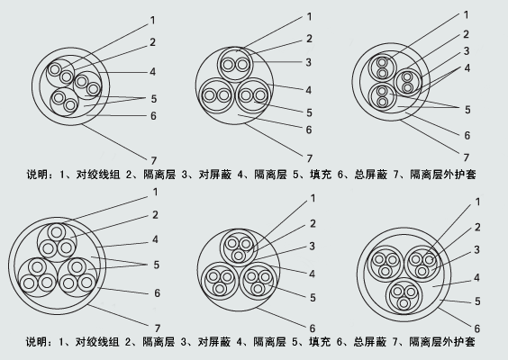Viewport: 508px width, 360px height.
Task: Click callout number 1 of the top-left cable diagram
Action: click(152, 21)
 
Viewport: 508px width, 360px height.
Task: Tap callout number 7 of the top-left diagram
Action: click(153, 160)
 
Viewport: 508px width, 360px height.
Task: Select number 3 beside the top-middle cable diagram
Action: click(308, 62)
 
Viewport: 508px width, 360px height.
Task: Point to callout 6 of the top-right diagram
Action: click(467, 135)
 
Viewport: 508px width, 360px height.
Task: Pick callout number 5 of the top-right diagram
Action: click(467, 110)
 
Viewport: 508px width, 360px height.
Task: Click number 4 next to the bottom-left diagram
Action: click(155, 239)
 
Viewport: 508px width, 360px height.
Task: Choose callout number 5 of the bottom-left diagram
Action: click(157, 265)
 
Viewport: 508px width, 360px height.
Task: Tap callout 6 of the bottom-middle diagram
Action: click(313, 328)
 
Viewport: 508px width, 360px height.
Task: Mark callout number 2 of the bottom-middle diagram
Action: click(313, 223)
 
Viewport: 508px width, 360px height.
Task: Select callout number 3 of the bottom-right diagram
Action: click(476, 249)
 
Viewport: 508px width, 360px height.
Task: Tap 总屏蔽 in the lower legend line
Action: click(370, 342)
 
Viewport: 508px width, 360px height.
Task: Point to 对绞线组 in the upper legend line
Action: click(98, 175)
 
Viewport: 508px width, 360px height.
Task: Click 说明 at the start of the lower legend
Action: click(37, 342)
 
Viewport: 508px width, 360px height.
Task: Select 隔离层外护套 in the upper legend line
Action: click(443, 175)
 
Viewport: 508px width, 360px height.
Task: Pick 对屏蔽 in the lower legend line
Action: click(214, 342)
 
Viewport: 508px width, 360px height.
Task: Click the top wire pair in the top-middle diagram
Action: click(235, 65)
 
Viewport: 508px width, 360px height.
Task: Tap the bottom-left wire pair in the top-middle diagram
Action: click(216, 95)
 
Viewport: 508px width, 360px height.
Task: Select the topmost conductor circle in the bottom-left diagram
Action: click(57, 232)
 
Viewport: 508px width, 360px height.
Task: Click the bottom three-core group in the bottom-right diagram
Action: click(404, 296)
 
